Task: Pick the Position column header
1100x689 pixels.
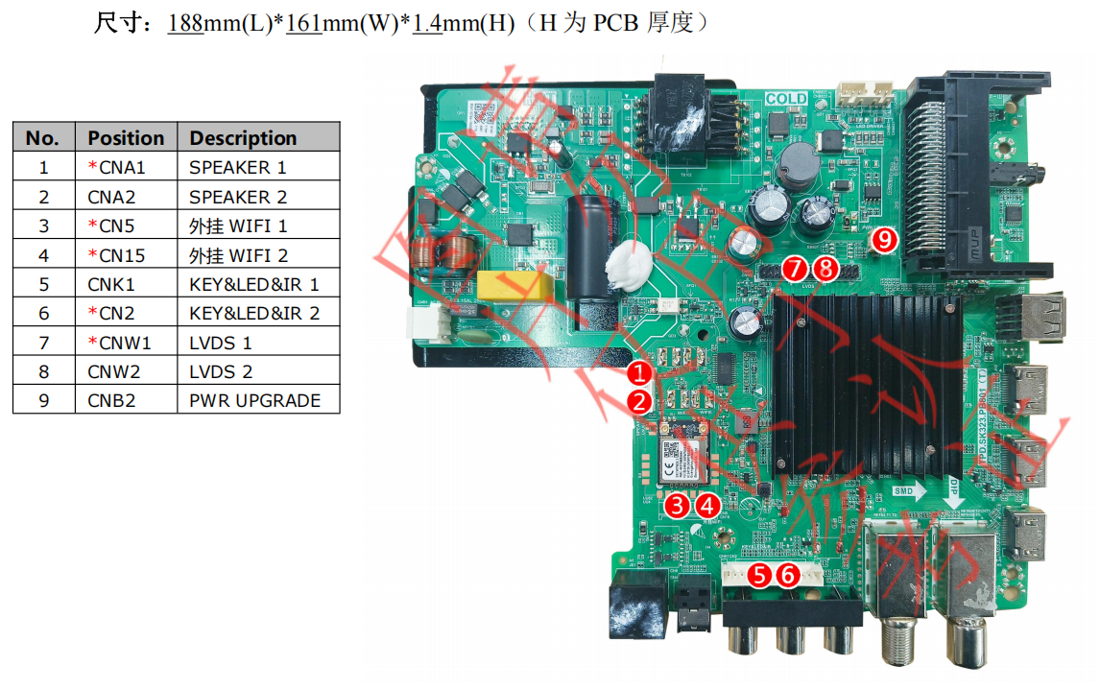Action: (126, 137)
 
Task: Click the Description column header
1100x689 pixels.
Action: (243, 137)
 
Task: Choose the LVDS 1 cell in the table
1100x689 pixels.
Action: (220, 343)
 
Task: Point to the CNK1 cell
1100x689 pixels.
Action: (111, 284)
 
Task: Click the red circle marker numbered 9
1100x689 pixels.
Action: (883, 239)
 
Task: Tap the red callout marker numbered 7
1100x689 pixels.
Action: (795, 270)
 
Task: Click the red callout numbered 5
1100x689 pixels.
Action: (759, 575)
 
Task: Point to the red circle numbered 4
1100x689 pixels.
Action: (707, 505)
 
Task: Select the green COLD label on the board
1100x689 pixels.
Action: (786, 99)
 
